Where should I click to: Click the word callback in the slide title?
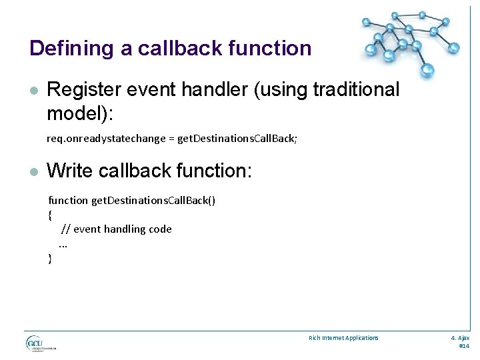[x=175, y=49]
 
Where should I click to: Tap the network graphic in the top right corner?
[x=409, y=40]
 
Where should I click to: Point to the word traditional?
[x=343, y=89]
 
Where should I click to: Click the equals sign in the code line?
[x=171, y=139]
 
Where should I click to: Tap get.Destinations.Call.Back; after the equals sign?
[x=237, y=139]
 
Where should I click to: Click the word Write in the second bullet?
[x=70, y=171]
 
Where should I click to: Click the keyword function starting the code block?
[x=68, y=200]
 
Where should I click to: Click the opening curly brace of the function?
[x=50, y=215]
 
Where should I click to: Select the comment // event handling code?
[x=117, y=229]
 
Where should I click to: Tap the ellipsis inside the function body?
[x=63, y=244]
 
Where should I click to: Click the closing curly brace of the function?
[x=50, y=259]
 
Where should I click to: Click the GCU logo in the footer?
[x=40, y=344]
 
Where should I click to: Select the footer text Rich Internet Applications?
[x=343, y=338]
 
